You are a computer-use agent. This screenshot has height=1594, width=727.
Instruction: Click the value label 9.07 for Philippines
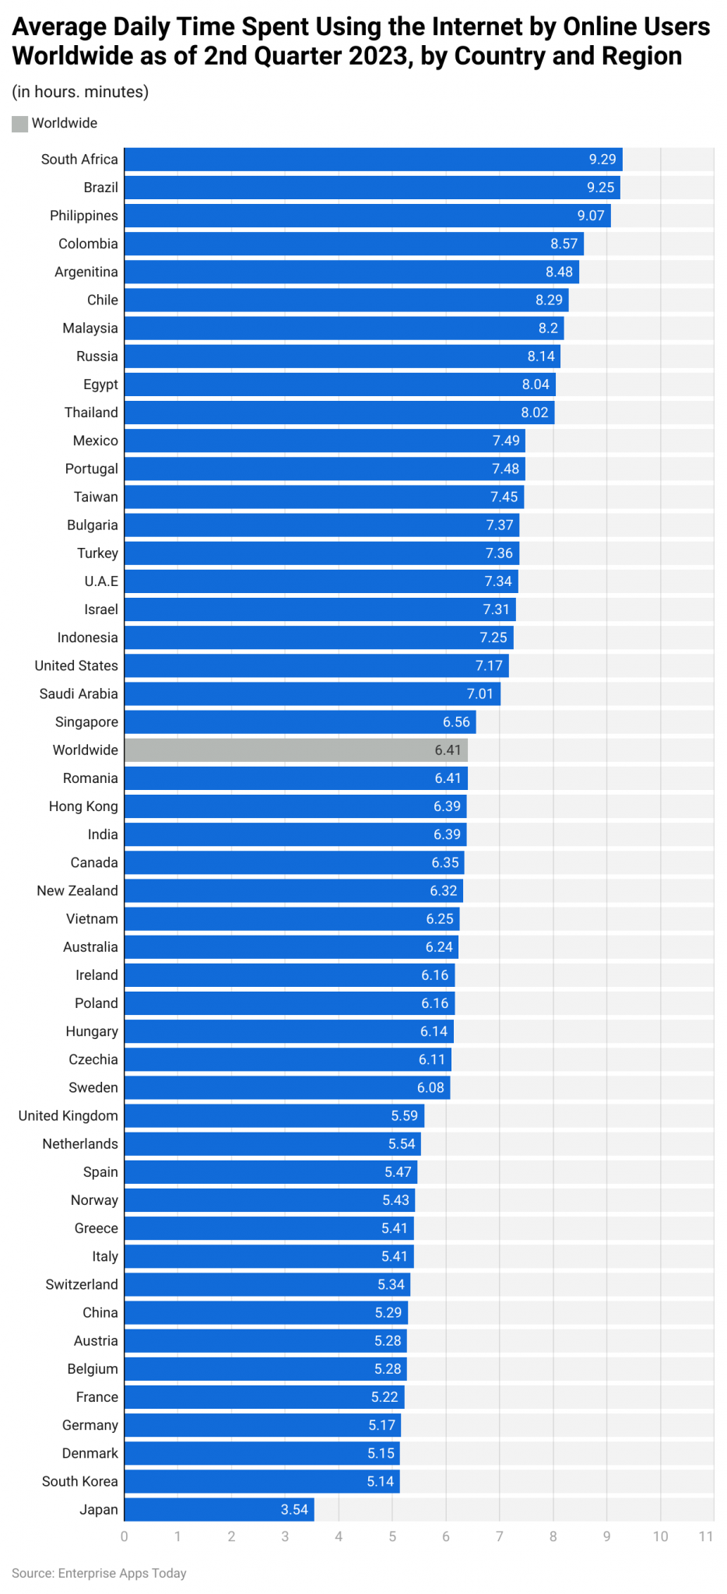[591, 216]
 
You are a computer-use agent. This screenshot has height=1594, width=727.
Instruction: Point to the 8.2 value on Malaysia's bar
[548, 328]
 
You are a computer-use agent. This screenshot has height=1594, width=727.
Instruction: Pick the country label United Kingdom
[68, 1116]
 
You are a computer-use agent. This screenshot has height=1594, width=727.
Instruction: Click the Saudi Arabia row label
[79, 694]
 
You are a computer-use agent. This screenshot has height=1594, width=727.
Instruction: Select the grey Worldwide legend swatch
[19, 124]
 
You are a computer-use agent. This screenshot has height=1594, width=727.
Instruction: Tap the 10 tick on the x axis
[660, 1536]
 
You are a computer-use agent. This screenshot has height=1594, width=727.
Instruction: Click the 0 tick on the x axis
[125, 1536]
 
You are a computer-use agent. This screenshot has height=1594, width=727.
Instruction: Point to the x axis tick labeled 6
[446, 1536]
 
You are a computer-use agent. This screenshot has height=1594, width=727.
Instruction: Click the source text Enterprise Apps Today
[122, 1573]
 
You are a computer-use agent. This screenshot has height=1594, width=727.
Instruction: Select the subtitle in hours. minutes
[80, 92]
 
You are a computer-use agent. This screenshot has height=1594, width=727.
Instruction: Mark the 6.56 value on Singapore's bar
[456, 722]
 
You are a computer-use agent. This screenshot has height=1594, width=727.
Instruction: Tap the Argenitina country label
[86, 272]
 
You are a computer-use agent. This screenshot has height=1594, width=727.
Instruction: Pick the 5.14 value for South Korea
[381, 1482]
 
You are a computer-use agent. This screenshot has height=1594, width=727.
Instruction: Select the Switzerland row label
[82, 1285]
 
